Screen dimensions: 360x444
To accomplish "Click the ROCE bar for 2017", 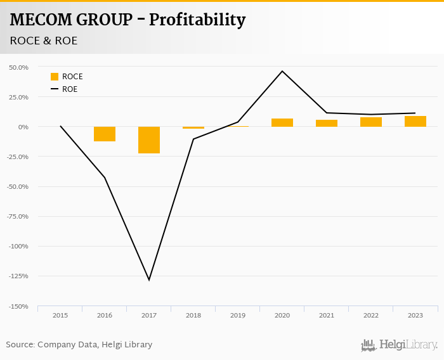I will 149,140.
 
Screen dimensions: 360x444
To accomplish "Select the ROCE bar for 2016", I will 105,134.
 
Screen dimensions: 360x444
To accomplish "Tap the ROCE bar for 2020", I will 282,122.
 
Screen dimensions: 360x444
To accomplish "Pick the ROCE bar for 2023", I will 415,121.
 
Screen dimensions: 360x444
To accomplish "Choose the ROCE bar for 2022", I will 371,122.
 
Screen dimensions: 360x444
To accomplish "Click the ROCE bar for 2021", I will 327,123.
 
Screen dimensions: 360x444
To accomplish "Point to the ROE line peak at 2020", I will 282,71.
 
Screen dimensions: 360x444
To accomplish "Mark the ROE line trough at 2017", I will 149,280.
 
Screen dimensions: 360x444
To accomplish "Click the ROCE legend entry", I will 67,77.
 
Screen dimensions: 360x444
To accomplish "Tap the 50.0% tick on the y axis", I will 19,67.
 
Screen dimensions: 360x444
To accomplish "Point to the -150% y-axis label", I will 19,306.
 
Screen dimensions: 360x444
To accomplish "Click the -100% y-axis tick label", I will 19,247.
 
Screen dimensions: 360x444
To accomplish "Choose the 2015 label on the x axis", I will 60,315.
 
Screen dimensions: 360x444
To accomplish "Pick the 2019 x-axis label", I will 238,315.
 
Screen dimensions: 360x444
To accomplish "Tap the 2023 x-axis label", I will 415,315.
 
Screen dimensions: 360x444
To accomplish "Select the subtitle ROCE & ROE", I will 44,41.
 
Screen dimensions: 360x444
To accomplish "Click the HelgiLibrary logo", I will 400,345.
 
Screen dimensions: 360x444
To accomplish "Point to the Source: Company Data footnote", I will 79,345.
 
